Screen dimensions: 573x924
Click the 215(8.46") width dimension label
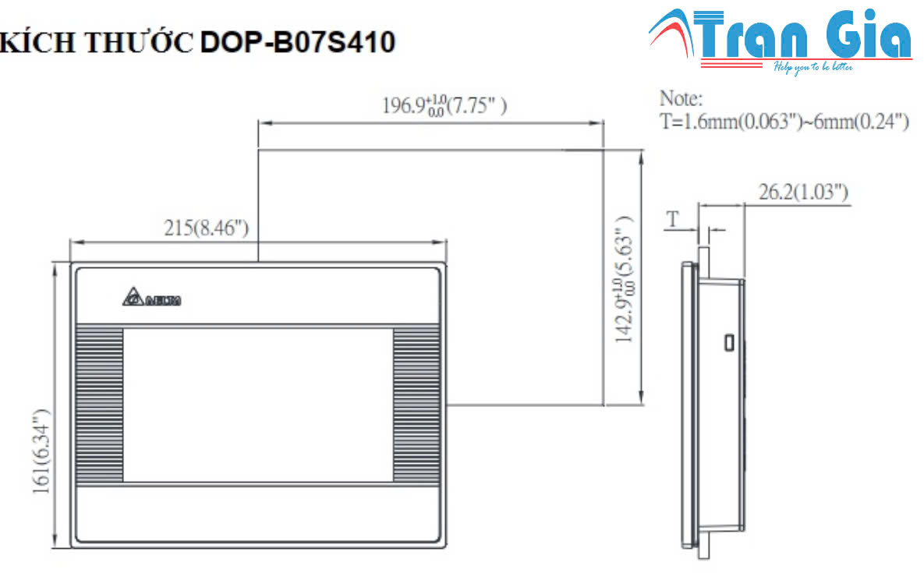[206, 228]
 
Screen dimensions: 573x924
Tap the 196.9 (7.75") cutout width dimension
[444, 105]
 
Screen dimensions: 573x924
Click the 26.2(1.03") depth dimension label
[804, 192]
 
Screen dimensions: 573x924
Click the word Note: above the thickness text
[681, 99]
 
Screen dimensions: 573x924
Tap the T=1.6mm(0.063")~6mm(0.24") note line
[784, 122]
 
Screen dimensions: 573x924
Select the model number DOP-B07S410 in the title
[298, 43]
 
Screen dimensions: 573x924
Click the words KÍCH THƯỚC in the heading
[97, 44]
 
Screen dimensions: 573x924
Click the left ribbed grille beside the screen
[99, 405]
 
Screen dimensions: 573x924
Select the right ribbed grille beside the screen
[416, 405]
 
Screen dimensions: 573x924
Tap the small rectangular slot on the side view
[728, 342]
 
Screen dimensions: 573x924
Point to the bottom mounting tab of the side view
[703, 550]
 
